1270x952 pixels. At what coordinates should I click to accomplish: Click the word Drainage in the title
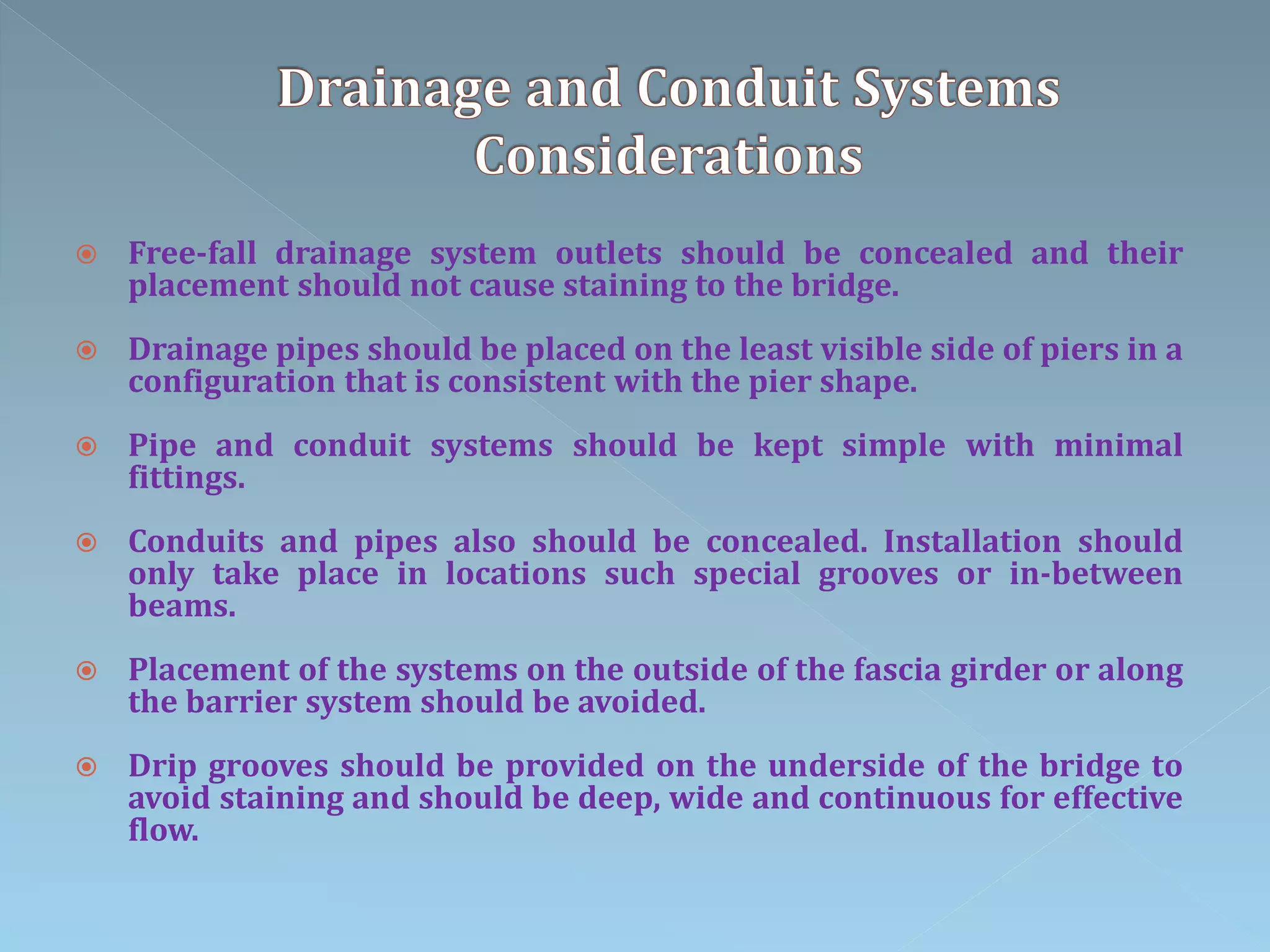point(394,90)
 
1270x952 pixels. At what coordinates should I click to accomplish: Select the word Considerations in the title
point(668,156)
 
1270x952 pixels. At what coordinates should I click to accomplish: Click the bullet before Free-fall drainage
point(87,255)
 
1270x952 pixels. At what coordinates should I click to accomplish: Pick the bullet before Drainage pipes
point(87,351)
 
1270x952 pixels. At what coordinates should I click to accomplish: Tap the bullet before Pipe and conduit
point(87,447)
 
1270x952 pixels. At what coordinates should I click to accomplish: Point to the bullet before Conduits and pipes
point(87,543)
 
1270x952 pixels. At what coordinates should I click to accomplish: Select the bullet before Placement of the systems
point(87,671)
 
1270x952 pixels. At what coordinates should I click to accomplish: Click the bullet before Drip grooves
point(87,767)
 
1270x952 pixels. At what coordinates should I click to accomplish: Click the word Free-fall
point(192,253)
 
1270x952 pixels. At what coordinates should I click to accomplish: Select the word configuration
point(232,382)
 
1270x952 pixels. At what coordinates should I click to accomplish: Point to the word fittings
point(187,478)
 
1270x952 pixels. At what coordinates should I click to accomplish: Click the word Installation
point(972,542)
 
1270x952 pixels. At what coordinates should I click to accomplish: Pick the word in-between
point(1095,574)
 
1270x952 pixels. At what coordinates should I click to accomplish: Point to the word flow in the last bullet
point(163,831)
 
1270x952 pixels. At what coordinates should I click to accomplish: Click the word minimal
point(1118,446)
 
